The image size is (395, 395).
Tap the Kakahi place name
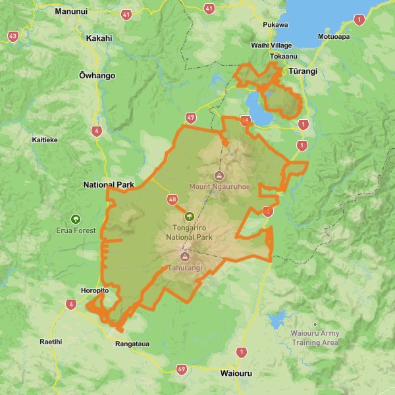tap(99, 38)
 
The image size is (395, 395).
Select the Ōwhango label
tap(97, 76)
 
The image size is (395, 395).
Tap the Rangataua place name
tap(133, 344)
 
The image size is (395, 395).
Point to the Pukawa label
tap(275, 25)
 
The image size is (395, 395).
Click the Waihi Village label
tap(271, 45)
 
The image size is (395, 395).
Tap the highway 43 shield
tap(13, 36)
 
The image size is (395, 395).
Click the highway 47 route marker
tap(191, 118)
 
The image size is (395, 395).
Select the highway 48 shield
tap(172, 199)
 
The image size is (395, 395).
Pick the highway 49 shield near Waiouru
tap(182, 369)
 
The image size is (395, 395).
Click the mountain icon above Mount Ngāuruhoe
tap(219, 175)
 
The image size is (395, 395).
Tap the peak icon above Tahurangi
tap(184, 256)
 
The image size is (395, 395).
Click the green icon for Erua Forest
tap(76, 219)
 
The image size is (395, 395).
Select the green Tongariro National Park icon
tap(189, 216)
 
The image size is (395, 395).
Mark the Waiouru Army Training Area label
tap(315, 338)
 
